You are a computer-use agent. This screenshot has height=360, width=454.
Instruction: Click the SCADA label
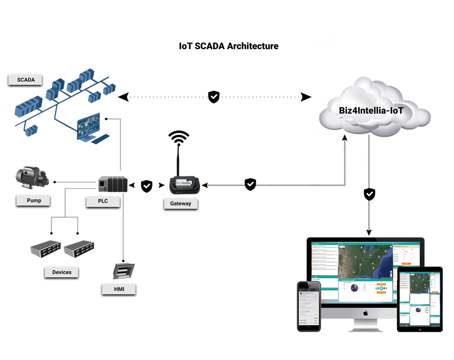25,80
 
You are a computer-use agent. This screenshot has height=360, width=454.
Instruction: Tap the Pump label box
33,201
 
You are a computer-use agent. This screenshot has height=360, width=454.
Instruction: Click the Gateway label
180,204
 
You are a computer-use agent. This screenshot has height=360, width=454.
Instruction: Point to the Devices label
62,272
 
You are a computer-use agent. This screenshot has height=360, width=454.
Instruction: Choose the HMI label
119,289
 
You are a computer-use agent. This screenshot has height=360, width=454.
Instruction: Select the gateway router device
185,185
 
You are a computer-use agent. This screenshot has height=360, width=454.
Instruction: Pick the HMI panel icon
123,272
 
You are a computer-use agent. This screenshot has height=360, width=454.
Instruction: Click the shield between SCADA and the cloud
214,97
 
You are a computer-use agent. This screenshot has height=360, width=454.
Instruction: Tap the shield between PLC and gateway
147,186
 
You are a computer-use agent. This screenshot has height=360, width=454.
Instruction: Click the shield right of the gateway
251,185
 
